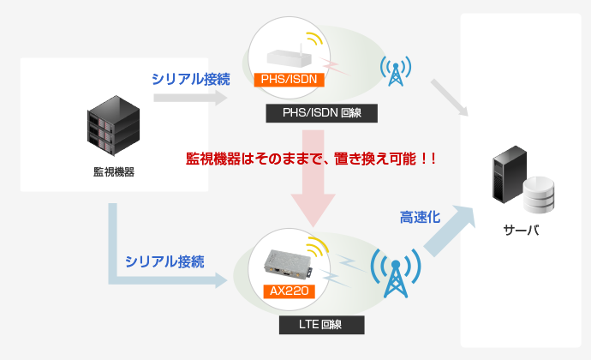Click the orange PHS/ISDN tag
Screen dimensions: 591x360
[290, 80]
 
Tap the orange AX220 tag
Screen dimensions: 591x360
[290, 291]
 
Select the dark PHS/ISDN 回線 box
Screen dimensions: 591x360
[321, 113]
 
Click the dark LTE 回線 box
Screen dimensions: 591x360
[321, 325]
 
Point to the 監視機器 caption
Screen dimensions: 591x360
[114, 172]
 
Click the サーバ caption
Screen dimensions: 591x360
[521, 230]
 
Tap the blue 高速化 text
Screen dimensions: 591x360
[420, 218]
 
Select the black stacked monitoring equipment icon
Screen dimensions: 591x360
[113, 126]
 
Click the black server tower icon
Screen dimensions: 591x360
[510, 174]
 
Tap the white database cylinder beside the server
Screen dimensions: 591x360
[539, 195]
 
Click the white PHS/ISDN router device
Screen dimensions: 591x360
[290, 57]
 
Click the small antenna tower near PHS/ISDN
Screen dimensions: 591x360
[396, 71]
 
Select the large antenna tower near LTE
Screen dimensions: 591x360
[396, 273]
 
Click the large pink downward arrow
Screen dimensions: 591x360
[313, 178]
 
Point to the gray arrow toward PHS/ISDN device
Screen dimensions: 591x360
[190, 98]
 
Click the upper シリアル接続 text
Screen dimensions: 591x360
[191, 79]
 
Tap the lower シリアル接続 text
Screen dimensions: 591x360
[164, 261]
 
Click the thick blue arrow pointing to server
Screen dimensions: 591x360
[450, 231]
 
